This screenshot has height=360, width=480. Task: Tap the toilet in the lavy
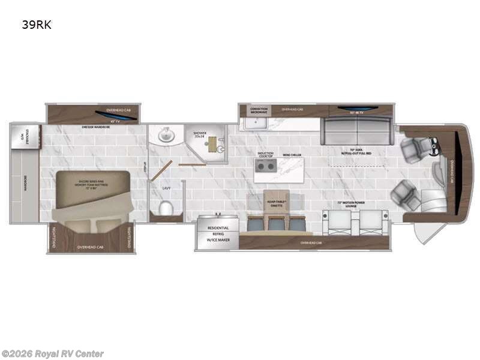[165, 208]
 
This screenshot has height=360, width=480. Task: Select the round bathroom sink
[166, 137]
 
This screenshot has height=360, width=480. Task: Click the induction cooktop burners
[266, 166]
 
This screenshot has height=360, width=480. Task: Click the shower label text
[200, 134]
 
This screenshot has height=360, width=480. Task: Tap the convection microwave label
[259, 110]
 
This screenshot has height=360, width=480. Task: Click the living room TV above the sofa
[358, 110]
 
